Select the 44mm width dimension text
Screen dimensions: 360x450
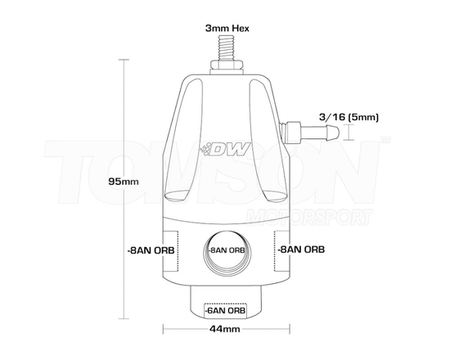(224, 330)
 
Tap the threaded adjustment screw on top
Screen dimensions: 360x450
(224, 52)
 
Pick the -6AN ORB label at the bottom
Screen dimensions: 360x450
(224, 310)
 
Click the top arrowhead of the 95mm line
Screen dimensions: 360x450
(124, 61)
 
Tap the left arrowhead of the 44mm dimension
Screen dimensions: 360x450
(167, 331)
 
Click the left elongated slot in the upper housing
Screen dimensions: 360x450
(181, 147)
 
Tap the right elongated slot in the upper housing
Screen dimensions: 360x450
(268, 147)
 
